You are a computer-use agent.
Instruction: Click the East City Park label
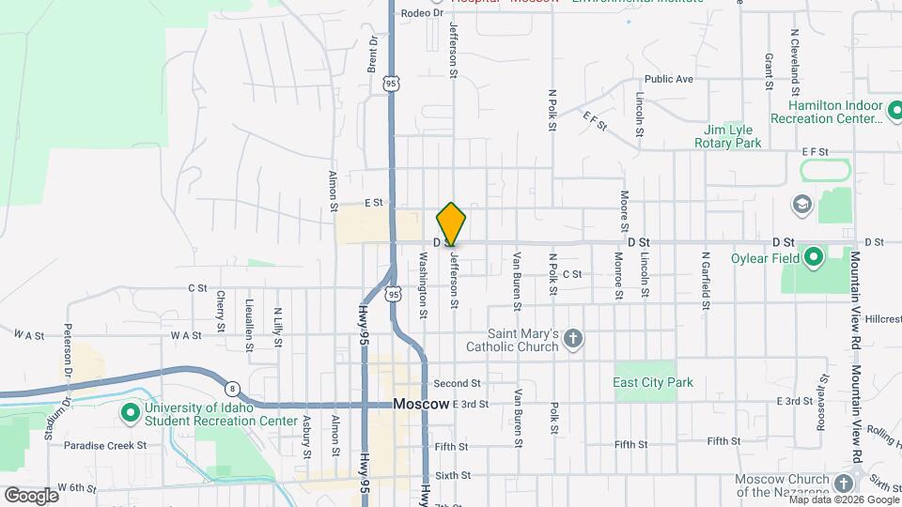coord(652,382)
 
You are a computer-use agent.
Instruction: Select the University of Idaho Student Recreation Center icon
coord(130,412)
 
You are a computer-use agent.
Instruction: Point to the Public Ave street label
coord(669,80)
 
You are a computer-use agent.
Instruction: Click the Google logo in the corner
coord(31,495)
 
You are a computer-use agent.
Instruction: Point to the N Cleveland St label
coord(794,55)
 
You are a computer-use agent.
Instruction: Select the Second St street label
coord(458,383)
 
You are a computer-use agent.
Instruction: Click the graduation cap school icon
coord(801,204)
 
